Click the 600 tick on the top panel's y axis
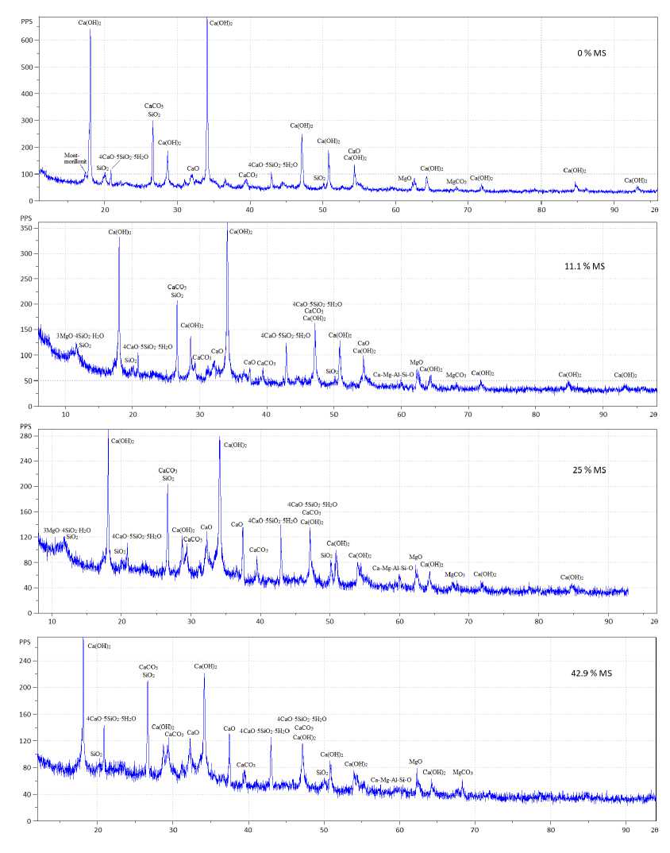(x=27, y=40)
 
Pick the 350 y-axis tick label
(x=28, y=228)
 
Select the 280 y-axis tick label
(x=28, y=435)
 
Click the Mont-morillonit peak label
(x=78, y=159)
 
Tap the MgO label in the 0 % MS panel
(x=404, y=179)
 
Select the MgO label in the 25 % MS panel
(x=416, y=558)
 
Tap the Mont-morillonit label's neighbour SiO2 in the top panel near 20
(x=102, y=168)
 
